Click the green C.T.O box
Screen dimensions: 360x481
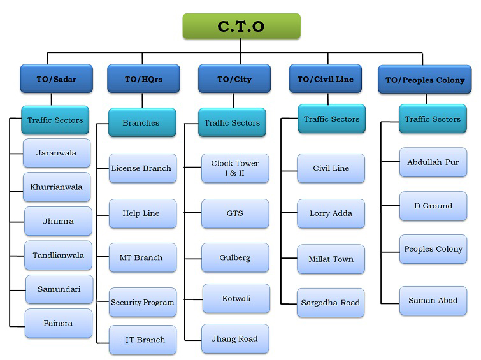click(x=241, y=27)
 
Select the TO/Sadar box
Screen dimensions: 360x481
click(x=57, y=80)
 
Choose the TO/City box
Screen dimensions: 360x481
click(x=234, y=80)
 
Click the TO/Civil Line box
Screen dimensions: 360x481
click(x=325, y=80)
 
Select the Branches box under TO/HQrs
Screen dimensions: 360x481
click(x=141, y=122)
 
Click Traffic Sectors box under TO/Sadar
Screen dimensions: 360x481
click(x=55, y=120)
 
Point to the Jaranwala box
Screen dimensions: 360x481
click(x=57, y=154)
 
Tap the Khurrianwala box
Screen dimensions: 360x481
click(x=57, y=187)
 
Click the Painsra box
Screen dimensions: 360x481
click(x=58, y=323)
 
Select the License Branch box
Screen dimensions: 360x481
click(x=141, y=168)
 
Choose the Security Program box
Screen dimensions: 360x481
click(x=142, y=302)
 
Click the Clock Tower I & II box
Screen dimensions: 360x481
click(x=234, y=168)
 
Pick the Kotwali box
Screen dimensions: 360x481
click(x=236, y=298)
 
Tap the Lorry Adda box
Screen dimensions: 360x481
click(x=331, y=213)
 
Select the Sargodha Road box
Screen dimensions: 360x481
click(x=331, y=303)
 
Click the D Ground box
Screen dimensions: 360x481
click(x=433, y=206)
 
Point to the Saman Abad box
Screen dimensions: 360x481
click(x=433, y=300)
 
